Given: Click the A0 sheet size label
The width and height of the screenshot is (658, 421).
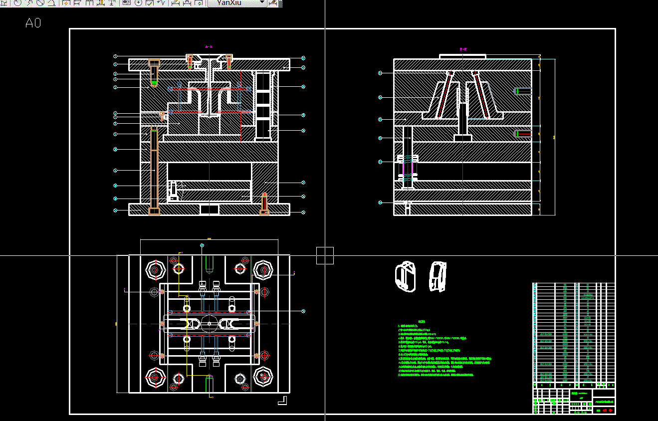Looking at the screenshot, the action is click(33, 23).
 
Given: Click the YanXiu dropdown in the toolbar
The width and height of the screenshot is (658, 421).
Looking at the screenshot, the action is click(237, 3).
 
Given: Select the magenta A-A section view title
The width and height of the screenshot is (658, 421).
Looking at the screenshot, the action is click(209, 46).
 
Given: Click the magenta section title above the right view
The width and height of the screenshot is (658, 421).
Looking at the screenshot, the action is click(462, 49).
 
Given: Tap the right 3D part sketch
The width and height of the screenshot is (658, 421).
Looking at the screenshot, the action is click(438, 276).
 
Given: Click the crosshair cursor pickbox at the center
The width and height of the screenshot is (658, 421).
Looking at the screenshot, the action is click(325, 255).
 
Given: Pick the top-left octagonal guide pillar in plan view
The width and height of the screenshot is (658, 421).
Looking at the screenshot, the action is click(155, 270).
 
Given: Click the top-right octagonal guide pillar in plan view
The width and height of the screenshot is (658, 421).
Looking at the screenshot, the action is click(263, 270).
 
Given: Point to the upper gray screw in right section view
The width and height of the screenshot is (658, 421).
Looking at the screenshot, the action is click(523, 91).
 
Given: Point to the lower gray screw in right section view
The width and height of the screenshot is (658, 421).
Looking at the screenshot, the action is click(523, 134).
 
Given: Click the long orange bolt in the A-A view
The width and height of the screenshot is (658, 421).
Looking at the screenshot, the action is click(154, 170).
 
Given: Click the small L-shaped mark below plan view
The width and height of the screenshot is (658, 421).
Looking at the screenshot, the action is click(283, 400).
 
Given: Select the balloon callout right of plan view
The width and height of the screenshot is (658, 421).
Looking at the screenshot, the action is click(303, 311).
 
